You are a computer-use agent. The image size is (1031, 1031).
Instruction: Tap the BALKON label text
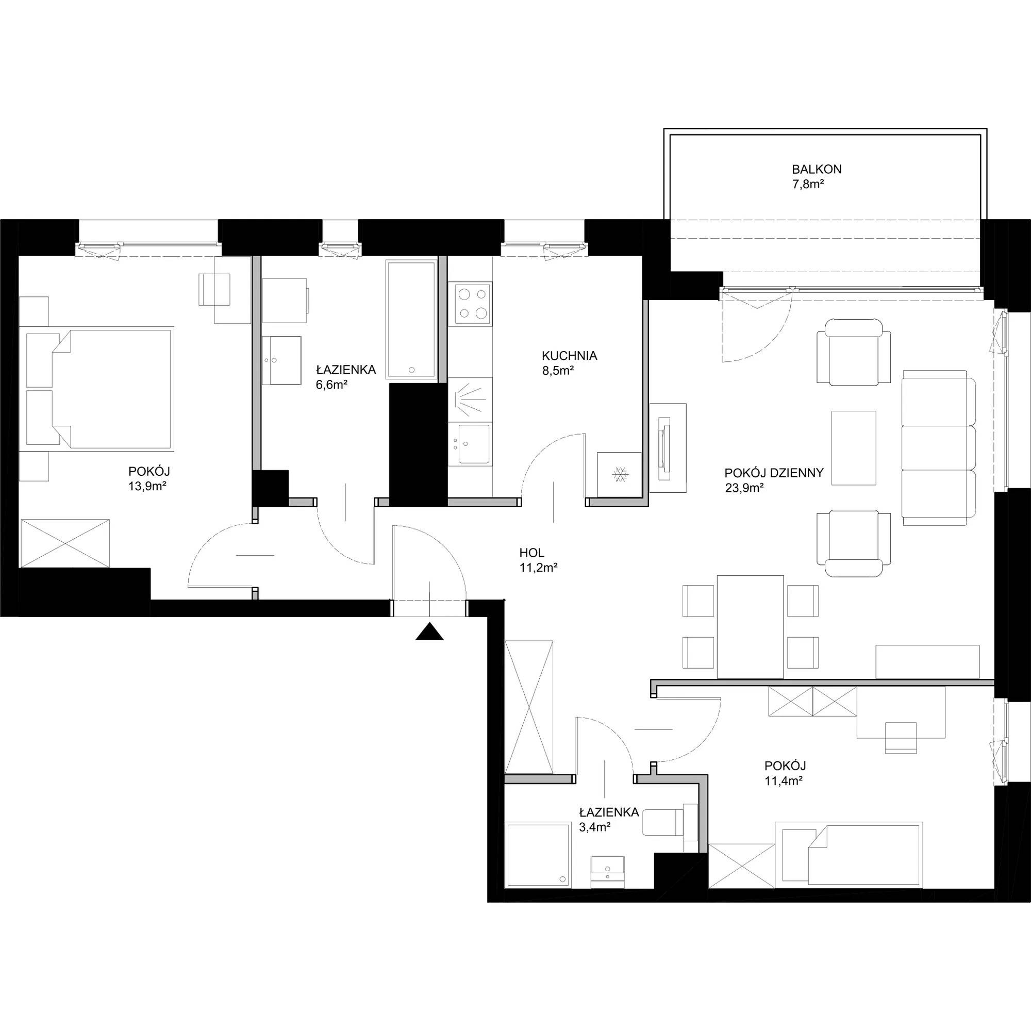pyautogui.click(x=817, y=170)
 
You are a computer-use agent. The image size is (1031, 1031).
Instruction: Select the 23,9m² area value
pyautogui.click(x=744, y=487)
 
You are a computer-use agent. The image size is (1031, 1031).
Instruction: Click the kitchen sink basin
pyautogui.click(x=473, y=444)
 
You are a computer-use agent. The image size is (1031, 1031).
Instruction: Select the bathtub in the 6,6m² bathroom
pyautogui.click(x=411, y=320)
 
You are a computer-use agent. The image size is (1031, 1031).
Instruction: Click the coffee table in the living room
pyautogui.click(x=854, y=448)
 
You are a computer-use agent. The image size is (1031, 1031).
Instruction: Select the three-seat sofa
pyautogui.click(x=938, y=448)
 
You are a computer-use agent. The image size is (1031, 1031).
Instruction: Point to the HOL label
pyautogui.click(x=531, y=553)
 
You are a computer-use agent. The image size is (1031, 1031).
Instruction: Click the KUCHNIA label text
pyautogui.click(x=570, y=355)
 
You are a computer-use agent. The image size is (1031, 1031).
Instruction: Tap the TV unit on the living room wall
pyautogui.click(x=668, y=448)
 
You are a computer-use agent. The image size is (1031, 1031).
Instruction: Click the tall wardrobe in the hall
pyautogui.click(x=529, y=708)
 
